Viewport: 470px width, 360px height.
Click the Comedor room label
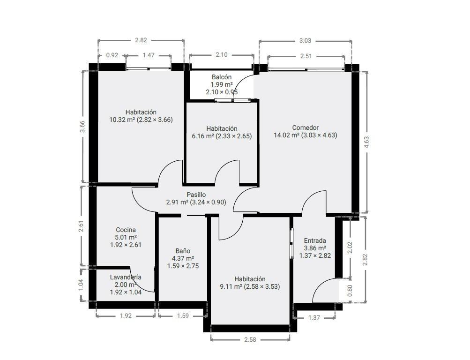[305, 127]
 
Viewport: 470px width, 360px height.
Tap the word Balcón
[222, 77]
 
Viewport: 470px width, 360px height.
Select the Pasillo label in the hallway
[196, 195]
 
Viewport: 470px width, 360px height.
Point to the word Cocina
[126, 230]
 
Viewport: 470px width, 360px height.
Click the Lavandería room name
[126, 277]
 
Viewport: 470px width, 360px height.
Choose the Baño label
[183, 251]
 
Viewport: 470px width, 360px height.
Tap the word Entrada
[315, 240]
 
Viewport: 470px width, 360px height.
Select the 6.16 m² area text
[202, 136]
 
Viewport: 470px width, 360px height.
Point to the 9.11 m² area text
[231, 286]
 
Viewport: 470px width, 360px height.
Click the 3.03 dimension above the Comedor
[305, 40]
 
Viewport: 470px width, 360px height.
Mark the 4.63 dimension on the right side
[366, 142]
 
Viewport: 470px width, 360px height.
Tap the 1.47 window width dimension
[149, 55]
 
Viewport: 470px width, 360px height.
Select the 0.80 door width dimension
[350, 290]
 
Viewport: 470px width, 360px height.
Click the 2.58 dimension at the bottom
[250, 340]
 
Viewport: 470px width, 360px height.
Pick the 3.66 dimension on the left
[83, 126]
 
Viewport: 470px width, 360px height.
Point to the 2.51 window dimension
[306, 56]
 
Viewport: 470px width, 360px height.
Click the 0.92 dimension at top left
[112, 55]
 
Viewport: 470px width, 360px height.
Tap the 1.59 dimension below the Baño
[183, 315]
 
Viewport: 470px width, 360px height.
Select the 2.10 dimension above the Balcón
[222, 54]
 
